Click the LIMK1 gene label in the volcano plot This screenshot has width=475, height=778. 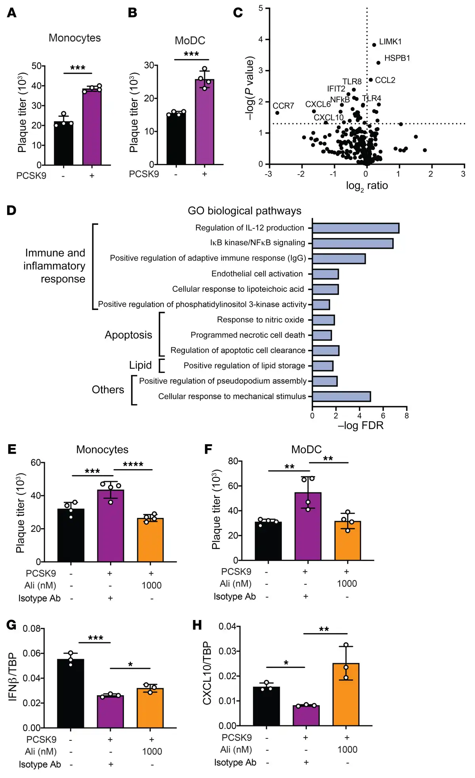pos(390,42)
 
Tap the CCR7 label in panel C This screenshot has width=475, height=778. pos(283,106)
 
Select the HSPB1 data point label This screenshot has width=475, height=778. pos(397,58)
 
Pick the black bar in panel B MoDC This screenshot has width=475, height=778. pos(176,139)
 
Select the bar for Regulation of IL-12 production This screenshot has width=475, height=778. pos(355,228)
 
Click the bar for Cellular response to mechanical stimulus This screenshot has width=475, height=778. pos(341,396)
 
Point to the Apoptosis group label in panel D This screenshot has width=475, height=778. pos(128,335)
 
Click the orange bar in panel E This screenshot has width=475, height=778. pos(150,540)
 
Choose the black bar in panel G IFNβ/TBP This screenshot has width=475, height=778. pos(70,693)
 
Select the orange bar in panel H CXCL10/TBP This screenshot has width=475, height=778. pos(346,694)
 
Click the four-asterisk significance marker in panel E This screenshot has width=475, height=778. pos(133,464)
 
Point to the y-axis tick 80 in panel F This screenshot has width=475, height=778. pos(233,461)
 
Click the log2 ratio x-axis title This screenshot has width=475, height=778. pos(367,186)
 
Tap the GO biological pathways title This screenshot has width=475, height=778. pos(244,211)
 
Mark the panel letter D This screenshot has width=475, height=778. pos(11,210)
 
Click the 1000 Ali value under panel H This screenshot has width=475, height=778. pos(347,749)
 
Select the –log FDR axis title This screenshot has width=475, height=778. pos(360,426)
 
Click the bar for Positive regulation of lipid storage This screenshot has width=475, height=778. pos(323,366)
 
